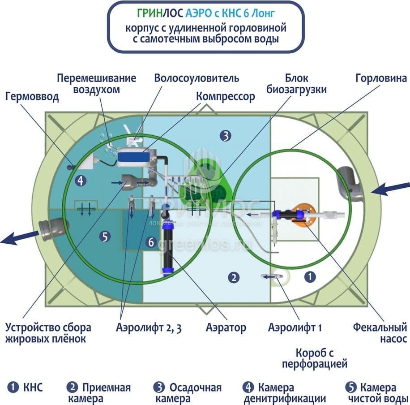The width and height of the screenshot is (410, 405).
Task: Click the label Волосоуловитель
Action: pyautogui.click(x=196, y=78)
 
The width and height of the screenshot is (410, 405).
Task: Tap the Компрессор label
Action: pyautogui.click(x=226, y=96)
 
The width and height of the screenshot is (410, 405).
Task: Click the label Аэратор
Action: pyautogui.click(x=226, y=327)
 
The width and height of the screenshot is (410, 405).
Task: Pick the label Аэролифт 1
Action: pyautogui.click(x=295, y=327)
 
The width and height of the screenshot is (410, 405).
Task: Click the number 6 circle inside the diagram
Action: pyautogui.click(x=151, y=242)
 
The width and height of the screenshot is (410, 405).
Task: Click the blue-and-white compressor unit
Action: pyautogui.click(x=136, y=157)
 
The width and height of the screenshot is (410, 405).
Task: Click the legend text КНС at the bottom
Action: pyautogui.click(x=33, y=387)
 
